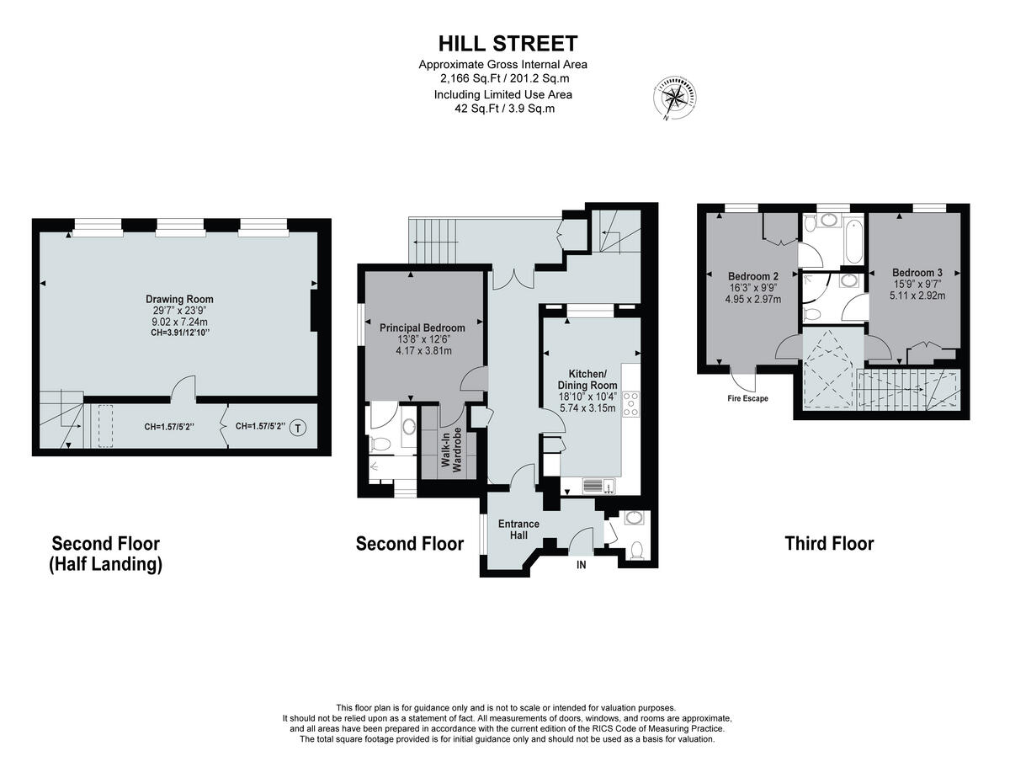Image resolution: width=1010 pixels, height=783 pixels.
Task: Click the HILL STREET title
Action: click(508, 44)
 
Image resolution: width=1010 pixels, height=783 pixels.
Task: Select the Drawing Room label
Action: click(179, 299)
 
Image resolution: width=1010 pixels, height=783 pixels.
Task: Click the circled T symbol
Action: click(298, 429)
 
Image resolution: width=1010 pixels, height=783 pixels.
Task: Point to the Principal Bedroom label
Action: click(422, 328)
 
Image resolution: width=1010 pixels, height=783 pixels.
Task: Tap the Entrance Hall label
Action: click(518, 530)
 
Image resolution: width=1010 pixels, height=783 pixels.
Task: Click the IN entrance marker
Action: click(581, 565)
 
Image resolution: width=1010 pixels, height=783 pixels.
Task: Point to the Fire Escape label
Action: click(747, 398)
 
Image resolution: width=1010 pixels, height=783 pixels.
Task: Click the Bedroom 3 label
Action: click(917, 273)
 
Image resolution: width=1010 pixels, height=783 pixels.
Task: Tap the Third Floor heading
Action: click(829, 544)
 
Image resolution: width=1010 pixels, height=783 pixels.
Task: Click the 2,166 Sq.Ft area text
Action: click(503, 79)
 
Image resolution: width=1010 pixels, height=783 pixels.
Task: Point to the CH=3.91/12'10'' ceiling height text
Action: click(179, 333)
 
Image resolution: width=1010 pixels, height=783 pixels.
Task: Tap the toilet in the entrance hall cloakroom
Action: click(636, 549)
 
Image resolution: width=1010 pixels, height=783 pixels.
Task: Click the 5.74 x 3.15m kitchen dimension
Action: click(587, 408)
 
